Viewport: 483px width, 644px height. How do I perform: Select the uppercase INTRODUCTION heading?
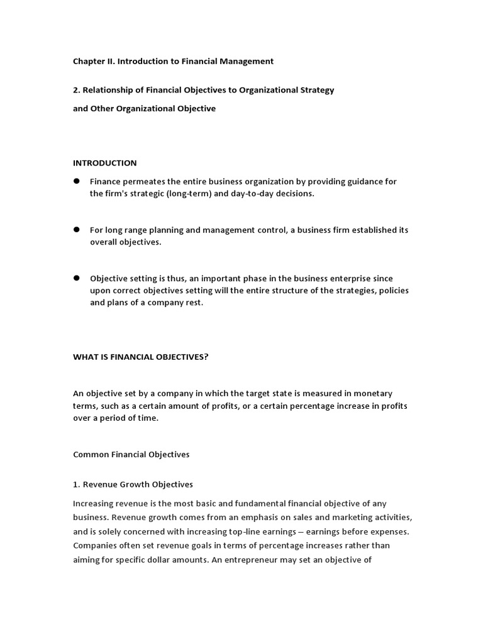[104, 163]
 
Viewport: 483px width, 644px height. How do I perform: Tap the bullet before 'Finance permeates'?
[77, 181]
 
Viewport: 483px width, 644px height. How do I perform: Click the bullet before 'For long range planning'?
[77, 230]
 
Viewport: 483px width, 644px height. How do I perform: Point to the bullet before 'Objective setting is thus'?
[77, 277]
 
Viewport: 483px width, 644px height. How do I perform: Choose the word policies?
[395, 290]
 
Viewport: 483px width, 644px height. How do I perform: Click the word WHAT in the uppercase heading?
[86, 357]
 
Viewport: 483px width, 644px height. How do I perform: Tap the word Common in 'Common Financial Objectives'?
[91, 454]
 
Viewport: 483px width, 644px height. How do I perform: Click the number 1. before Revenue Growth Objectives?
[77, 484]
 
